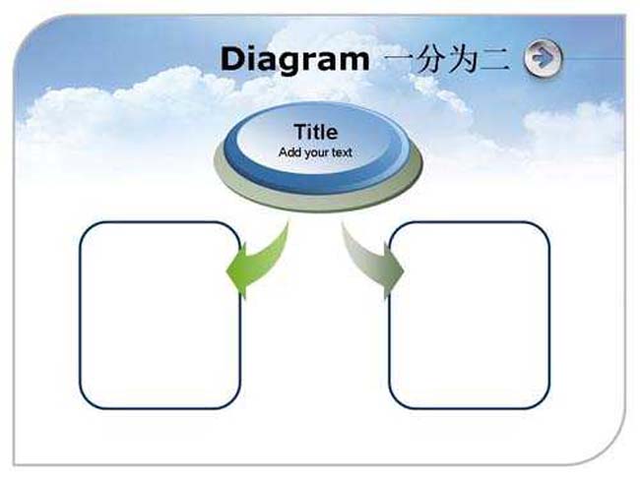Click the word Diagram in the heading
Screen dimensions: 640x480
pyautogui.click(x=294, y=60)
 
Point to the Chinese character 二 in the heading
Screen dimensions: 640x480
pyautogui.click(x=495, y=60)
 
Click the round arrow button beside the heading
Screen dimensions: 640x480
pyautogui.click(x=543, y=58)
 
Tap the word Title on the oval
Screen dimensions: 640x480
pyautogui.click(x=315, y=132)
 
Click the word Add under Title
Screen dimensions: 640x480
pyautogui.click(x=290, y=152)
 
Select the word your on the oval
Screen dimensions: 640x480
pyautogui.click(x=317, y=153)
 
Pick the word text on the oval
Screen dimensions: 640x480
pyautogui.click(x=342, y=152)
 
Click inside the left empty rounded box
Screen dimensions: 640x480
pyautogui.click(x=160, y=315)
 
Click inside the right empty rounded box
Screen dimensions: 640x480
pyautogui.click(x=470, y=315)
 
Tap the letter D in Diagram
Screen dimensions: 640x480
pyautogui.click(x=233, y=59)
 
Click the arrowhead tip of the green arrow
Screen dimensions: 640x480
pyautogui.click(x=226, y=271)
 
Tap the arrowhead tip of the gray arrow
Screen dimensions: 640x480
pyautogui.click(x=404, y=271)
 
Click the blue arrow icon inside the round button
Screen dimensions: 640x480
pyautogui.click(x=542, y=57)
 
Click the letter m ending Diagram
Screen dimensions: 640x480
pyautogui.click(x=354, y=62)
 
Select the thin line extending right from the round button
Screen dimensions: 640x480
pyautogui.click(x=594, y=58)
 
